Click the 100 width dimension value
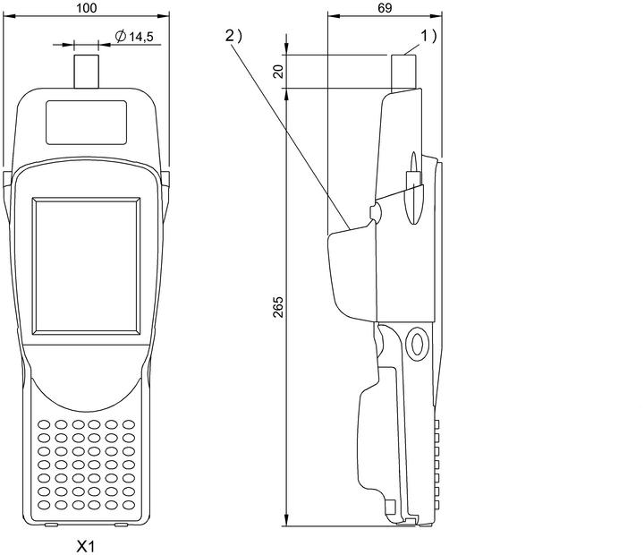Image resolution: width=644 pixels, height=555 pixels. [87, 8]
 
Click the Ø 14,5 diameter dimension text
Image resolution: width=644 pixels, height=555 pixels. [134, 37]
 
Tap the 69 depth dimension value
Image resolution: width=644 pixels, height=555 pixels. [385, 8]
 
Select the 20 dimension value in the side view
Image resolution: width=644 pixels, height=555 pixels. [278, 71]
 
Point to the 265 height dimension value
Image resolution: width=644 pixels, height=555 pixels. [278, 307]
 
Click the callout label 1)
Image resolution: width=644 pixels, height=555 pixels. [428, 36]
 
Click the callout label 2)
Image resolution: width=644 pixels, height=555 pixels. [233, 36]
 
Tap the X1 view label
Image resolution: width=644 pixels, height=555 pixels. [86, 546]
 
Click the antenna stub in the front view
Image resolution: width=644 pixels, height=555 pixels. [86, 72]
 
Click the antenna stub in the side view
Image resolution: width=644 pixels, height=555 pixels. [403, 73]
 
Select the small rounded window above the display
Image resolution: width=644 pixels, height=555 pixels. [86, 123]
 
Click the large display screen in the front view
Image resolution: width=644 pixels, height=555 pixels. [86, 266]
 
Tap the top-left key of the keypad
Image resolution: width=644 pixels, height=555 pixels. [44, 424]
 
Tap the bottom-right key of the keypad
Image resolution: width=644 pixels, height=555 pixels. [129, 505]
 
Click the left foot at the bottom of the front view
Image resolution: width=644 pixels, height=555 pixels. [51, 525]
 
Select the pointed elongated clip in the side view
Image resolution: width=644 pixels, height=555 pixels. [414, 187]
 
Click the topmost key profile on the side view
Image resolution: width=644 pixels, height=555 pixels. [436, 424]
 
